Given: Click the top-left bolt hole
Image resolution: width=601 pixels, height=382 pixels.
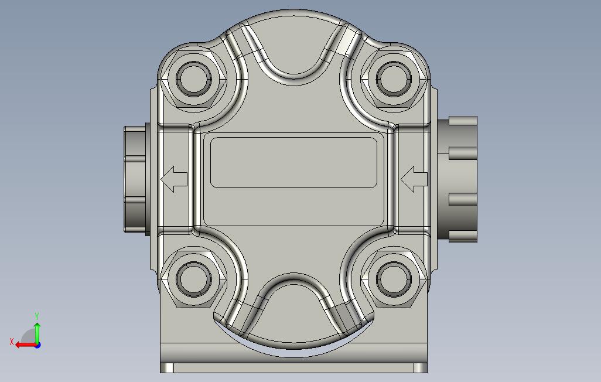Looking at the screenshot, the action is click(x=193, y=80).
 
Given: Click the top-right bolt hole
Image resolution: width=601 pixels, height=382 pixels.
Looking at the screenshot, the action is click(x=394, y=80).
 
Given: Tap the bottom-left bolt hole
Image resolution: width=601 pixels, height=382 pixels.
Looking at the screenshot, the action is click(x=193, y=279).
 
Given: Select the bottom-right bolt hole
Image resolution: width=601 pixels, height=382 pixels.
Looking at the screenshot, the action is click(x=394, y=279).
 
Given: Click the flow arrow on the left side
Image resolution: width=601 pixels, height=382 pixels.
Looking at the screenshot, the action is click(x=174, y=179).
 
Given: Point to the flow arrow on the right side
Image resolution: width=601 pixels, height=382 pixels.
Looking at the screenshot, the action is click(x=414, y=179).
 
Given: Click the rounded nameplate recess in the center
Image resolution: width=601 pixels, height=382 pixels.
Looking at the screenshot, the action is click(x=293, y=163).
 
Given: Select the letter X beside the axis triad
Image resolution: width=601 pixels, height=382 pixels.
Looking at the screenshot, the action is click(x=12, y=342).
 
